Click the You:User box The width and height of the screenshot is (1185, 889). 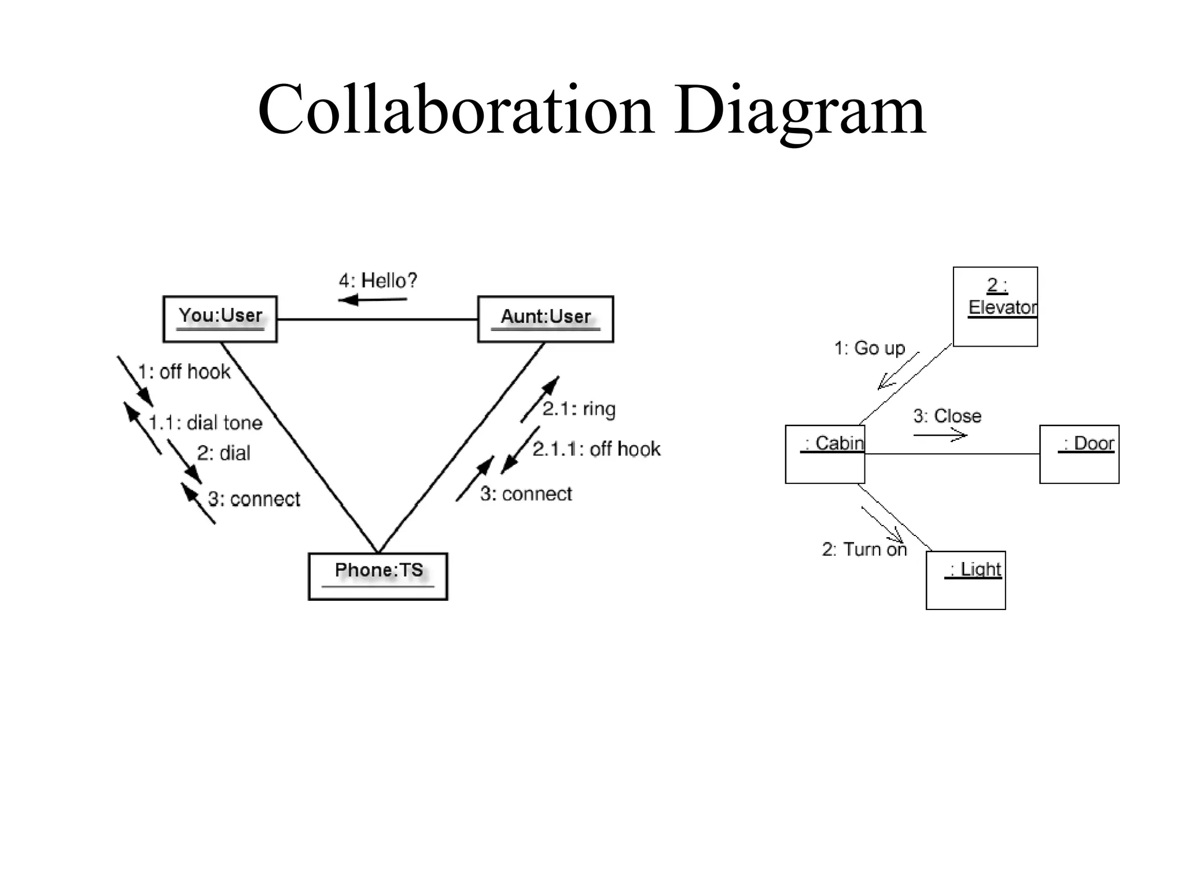tap(220, 319)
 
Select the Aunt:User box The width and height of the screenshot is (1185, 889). tap(545, 319)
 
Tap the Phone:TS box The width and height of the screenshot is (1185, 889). tap(378, 576)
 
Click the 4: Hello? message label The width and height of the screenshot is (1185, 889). tap(377, 281)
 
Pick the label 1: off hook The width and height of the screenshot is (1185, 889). tap(184, 372)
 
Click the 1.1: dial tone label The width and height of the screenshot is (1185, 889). tap(205, 423)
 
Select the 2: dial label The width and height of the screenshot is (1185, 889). tap(223, 453)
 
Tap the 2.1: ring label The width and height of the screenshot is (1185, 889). tap(579, 409)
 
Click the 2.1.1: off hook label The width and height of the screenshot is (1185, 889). tap(596, 449)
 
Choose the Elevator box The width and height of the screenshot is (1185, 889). tap(995, 307)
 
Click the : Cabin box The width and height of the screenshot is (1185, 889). tap(825, 454)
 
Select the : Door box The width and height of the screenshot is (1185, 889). tap(1079, 454)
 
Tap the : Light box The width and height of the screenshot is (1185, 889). tap(966, 580)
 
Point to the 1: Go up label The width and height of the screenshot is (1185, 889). tap(869, 348)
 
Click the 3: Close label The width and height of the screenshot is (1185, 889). tap(947, 416)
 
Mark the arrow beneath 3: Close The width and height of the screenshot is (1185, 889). tap(940, 435)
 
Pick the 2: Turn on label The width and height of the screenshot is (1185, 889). tap(864, 549)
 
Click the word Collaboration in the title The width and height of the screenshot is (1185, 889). tap(456, 110)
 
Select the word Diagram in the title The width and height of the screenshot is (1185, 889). tap(800, 110)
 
